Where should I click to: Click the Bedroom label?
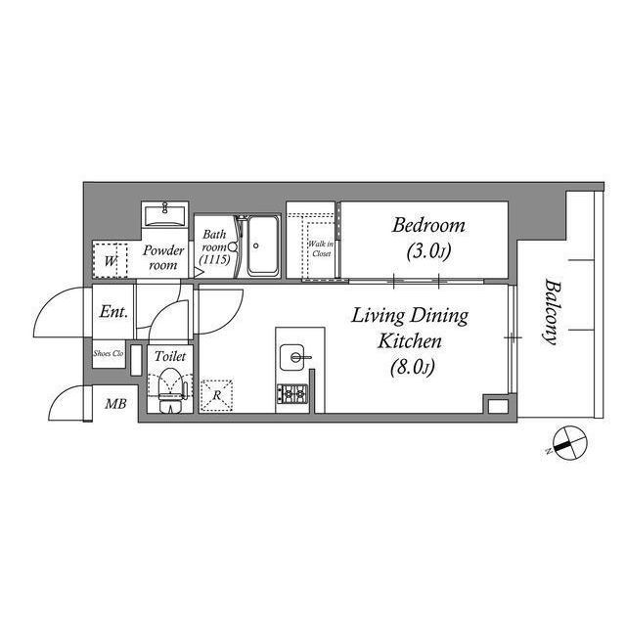[x=428, y=226]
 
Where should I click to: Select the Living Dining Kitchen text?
[x=410, y=329]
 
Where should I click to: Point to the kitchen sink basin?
[x=291, y=357]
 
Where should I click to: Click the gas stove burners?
[x=292, y=394]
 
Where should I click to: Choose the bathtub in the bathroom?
[x=263, y=246]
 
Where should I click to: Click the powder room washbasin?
[x=165, y=215]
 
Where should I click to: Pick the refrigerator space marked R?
[x=217, y=395]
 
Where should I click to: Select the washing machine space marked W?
[x=110, y=261]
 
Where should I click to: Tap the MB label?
[x=115, y=404]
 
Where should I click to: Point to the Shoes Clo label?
[x=109, y=353]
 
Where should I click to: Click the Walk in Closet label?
[x=321, y=248]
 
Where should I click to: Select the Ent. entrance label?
[x=113, y=312]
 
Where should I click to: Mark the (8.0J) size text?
[x=413, y=368]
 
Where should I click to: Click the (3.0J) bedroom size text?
[x=428, y=251]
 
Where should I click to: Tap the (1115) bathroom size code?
[x=215, y=260]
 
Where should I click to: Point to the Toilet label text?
[x=170, y=356]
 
